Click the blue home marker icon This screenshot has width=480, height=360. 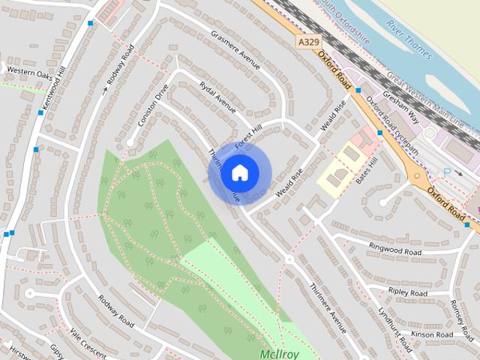[239, 172]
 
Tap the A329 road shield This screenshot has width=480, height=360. [306, 43]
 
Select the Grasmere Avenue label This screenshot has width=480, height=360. [235, 50]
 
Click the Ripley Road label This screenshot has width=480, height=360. [408, 292]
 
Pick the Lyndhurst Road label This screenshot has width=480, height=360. [395, 329]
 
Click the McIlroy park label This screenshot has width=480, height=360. [280, 353]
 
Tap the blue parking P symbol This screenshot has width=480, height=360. [448, 172]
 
